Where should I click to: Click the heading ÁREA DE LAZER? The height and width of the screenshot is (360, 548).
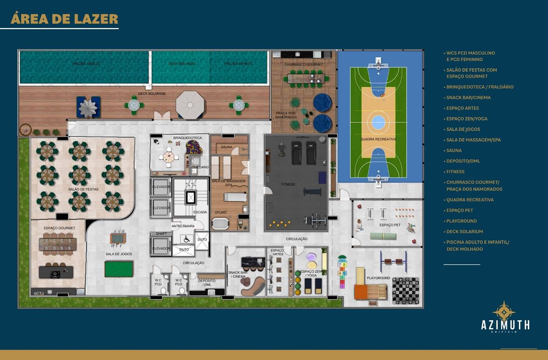(64, 19)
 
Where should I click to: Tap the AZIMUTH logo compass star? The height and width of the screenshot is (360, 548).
(504, 311)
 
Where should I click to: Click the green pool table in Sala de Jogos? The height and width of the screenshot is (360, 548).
(119, 269)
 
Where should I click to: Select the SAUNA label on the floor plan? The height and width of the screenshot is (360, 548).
(227, 147)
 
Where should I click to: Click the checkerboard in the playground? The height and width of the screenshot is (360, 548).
(405, 290)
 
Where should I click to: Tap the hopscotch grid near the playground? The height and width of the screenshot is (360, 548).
(342, 272)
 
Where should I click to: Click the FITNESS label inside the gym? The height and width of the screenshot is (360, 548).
(288, 184)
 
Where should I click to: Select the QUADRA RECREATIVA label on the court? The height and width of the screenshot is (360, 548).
(378, 139)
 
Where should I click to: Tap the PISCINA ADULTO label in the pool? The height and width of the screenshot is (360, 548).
(86, 63)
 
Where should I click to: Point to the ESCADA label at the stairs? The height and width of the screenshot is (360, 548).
(200, 212)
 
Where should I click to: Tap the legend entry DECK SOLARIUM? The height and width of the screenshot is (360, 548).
(465, 232)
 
